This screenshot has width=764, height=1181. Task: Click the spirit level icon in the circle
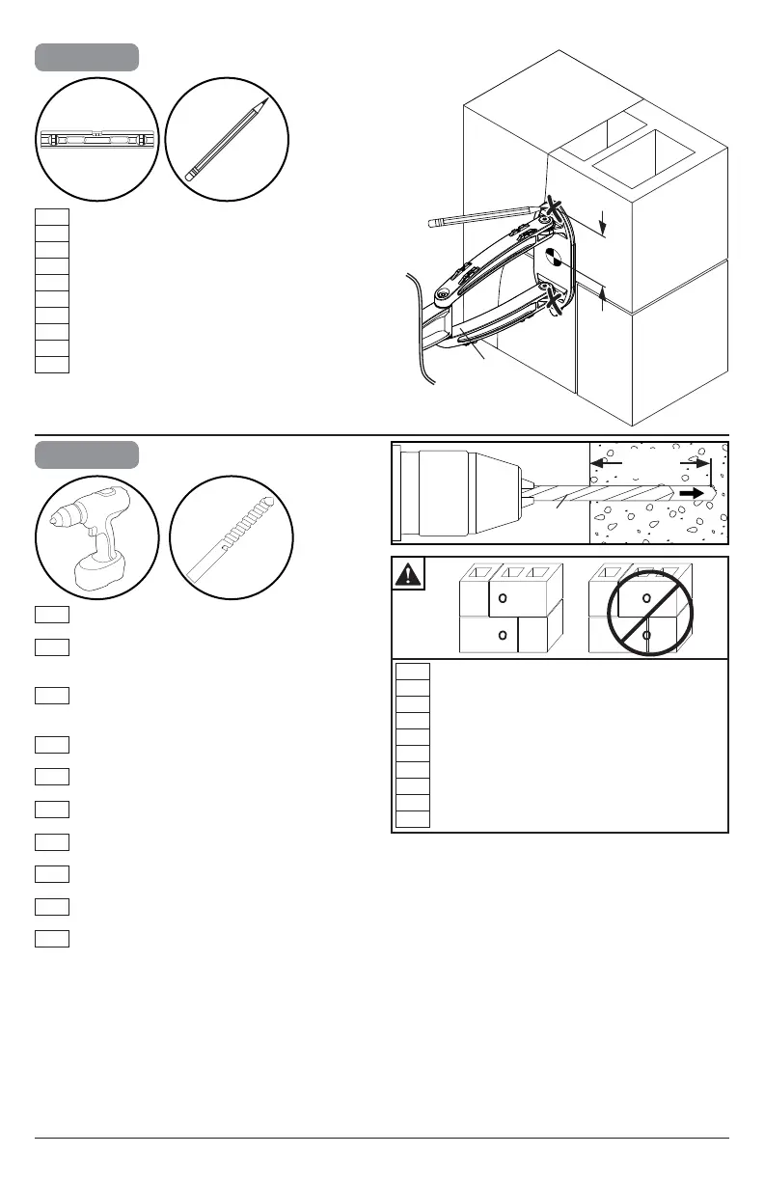pos(96,140)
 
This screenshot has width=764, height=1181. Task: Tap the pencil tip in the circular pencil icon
pos(263,99)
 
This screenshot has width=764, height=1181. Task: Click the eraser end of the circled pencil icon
pos(190,177)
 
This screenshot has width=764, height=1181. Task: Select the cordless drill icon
pos(96,536)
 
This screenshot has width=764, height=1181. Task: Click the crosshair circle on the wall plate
pos(553,257)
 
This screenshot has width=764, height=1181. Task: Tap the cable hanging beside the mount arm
pos(412,328)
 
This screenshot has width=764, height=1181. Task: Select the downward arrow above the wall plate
pos(603,225)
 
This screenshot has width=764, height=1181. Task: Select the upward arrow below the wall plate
pos(603,292)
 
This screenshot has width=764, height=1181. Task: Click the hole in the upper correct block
pos(503,599)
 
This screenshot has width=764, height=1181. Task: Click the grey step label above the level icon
pos(87,57)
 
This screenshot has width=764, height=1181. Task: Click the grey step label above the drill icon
pos(87,455)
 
